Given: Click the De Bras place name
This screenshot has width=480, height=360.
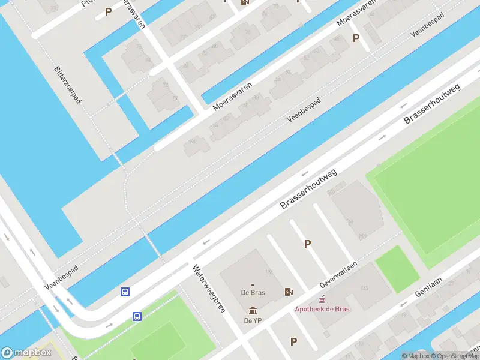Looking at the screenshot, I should [x=252, y=293].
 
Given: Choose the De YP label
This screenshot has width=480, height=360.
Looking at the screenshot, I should [x=252, y=321].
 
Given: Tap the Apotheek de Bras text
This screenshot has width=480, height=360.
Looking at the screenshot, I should [x=322, y=310].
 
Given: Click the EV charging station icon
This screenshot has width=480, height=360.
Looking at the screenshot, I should [x=289, y=292].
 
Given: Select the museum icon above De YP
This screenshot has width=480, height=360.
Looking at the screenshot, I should [x=252, y=311].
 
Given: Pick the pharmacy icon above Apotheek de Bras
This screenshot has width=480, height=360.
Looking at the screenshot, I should [x=322, y=299].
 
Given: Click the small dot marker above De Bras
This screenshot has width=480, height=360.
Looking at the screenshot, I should [x=252, y=285].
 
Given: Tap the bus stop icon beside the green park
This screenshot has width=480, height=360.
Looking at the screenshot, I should [x=137, y=316].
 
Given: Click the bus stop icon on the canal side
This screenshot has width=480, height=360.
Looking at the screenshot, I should [x=125, y=292].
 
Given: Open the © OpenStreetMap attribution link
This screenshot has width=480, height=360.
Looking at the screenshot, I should [x=457, y=356].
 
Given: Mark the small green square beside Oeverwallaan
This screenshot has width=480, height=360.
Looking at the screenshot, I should [x=397, y=269].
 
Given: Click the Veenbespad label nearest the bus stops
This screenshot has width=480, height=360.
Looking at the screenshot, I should [x=58, y=275].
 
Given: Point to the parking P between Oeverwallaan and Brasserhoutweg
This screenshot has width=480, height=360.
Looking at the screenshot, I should [x=307, y=244].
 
